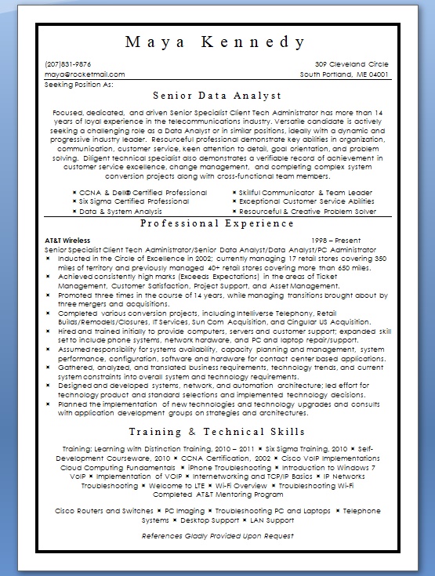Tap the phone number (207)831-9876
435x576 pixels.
(68, 63)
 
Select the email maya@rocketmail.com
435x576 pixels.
(85, 74)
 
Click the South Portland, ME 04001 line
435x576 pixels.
(344, 74)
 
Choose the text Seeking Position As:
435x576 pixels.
(80, 83)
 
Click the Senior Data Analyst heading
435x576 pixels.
(216, 96)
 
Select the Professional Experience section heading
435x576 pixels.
(216, 224)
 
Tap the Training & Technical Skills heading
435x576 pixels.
(216, 432)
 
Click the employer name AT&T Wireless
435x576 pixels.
(68, 240)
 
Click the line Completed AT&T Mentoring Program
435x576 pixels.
(217, 494)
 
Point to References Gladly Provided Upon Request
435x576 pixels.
(217, 536)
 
